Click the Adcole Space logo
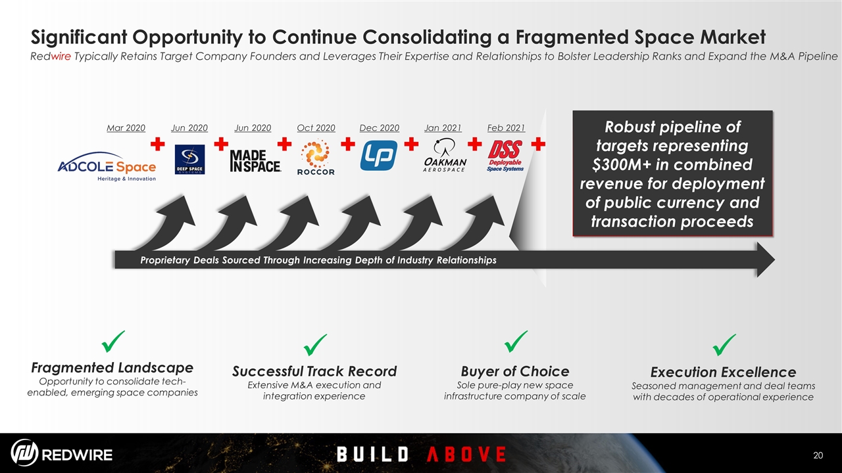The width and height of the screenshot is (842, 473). point(107,167)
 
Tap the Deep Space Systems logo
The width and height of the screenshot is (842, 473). point(190,160)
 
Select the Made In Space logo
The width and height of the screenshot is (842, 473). point(255,161)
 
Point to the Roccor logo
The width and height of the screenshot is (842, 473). point(316,157)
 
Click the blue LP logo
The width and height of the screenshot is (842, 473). point(379,156)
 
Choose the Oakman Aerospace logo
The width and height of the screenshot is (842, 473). point(445,155)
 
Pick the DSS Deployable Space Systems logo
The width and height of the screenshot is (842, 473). point(505,156)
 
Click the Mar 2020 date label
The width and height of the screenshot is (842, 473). point(126,128)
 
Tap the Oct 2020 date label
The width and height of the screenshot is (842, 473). point(316,128)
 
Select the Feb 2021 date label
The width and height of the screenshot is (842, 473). point(506,128)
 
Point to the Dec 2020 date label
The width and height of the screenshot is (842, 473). point(380,128)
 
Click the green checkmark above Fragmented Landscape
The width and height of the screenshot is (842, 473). point(113,342)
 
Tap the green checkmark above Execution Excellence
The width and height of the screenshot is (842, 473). point(724,345)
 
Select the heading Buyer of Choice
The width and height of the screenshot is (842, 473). point(515,371)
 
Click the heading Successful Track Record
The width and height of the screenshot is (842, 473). point(314,371)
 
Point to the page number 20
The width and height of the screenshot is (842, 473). point(818,455)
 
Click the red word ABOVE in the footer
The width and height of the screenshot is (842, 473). point(466,454)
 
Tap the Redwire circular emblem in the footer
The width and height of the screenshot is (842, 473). point(24,453)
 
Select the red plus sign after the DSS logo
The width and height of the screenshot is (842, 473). point(538,144)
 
